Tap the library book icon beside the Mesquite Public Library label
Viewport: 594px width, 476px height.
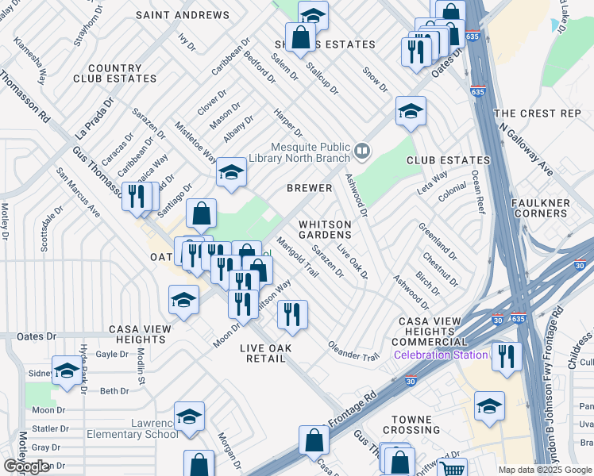362,149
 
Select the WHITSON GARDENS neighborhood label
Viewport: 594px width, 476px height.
325,229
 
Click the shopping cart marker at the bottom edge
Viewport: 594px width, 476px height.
452,470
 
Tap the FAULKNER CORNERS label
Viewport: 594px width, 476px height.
563,209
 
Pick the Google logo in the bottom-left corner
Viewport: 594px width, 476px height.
26,466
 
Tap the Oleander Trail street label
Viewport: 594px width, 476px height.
354,351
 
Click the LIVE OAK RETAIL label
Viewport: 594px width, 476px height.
265,353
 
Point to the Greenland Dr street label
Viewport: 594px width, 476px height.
438,241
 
